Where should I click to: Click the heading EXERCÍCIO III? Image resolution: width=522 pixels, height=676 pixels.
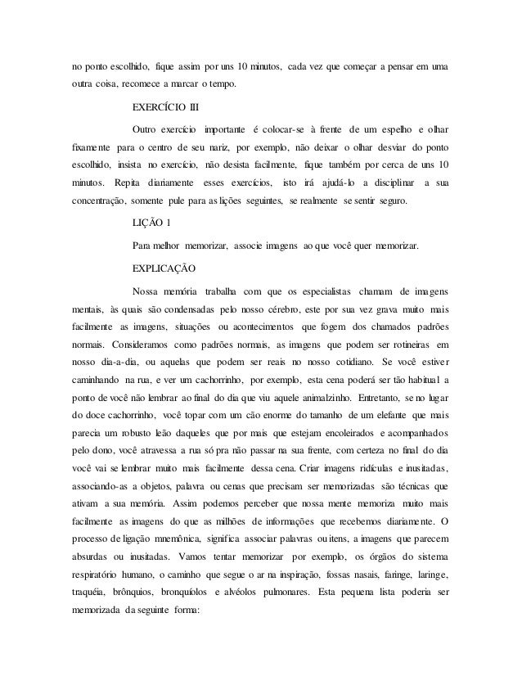[164, 106]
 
